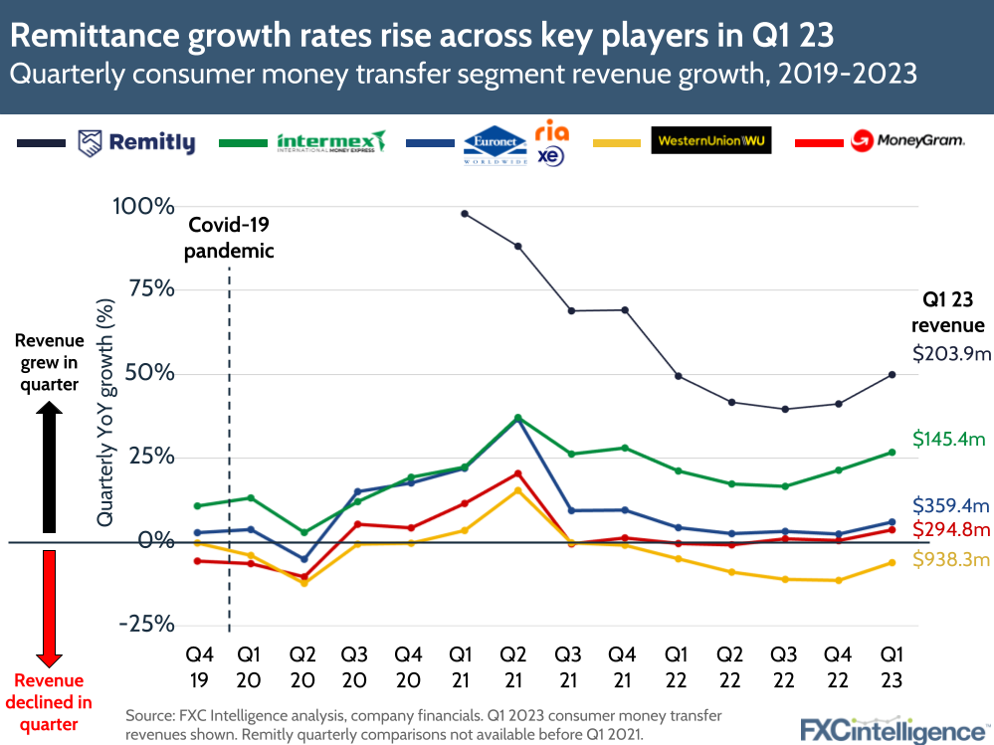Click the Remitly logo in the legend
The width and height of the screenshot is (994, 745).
pos(136,143)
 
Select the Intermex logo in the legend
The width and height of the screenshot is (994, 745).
pos(331,142)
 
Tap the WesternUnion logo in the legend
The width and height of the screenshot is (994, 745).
pos(711,140)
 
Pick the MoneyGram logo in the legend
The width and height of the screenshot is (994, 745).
pos(906,141)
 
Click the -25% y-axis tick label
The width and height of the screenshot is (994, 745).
pos(146,625)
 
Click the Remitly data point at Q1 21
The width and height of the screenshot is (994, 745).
pos(465,214)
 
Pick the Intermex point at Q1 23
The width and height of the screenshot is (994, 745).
pos(893,452)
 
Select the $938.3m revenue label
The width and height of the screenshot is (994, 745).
pos(951,561)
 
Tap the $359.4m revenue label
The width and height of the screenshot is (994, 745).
pos(951,505)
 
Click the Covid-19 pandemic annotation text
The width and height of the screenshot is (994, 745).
pos(230,237)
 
